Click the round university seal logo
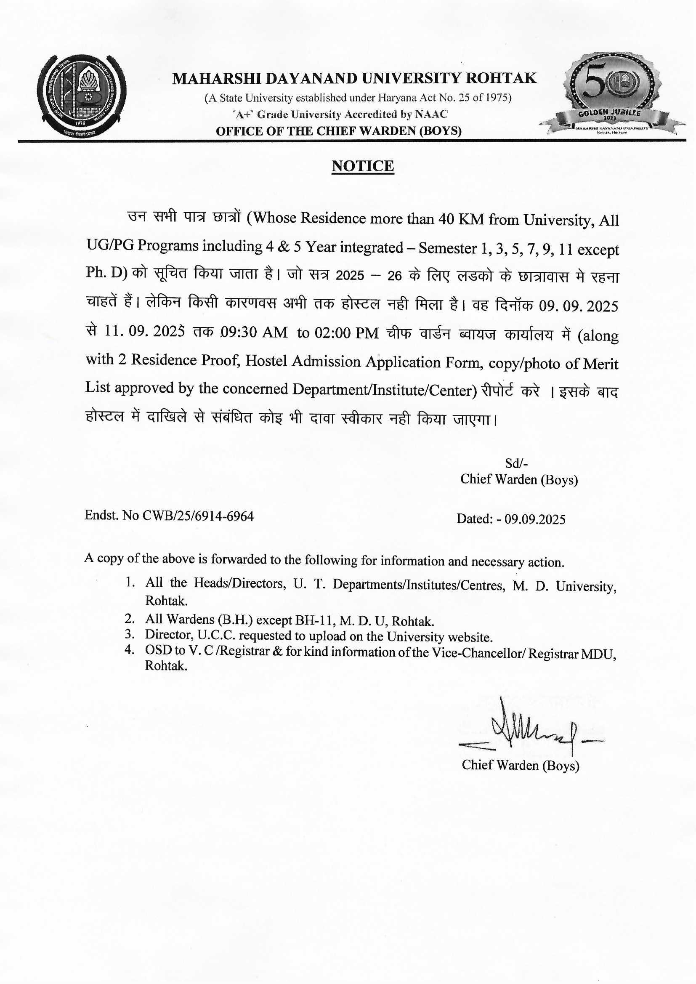click(x=82, y=96)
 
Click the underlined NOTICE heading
click(x=363, y=166)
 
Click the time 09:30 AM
click(x=254, y=332)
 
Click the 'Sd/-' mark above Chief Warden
click(x=516, y=463)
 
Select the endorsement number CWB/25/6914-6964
click(x=198, y=516)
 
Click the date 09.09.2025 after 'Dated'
click(x=535, y=519)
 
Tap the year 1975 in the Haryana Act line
click(x=499, y=98)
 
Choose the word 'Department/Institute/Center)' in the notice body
click(x=385, y=390)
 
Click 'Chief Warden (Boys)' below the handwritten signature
click(x=520, y=766)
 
